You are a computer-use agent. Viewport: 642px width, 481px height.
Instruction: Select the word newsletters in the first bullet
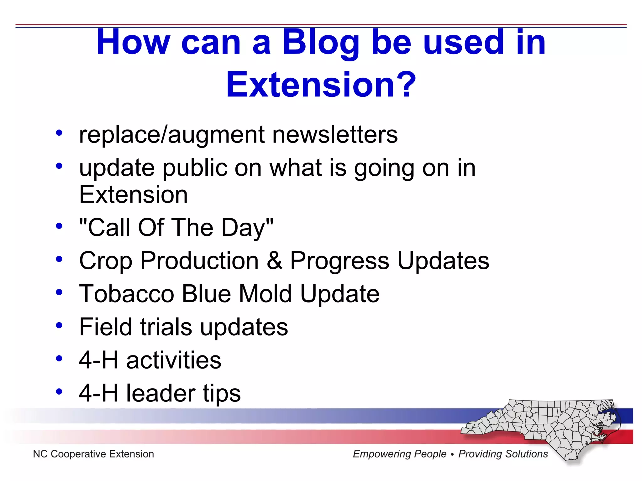coord(335,135)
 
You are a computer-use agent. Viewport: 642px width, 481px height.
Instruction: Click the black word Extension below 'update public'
coord(134,195)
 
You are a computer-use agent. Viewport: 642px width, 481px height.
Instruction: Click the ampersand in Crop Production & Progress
coord(275,261)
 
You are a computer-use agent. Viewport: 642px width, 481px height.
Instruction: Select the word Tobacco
coord(127,294)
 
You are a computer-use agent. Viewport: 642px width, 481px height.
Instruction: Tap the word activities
coord(174,360)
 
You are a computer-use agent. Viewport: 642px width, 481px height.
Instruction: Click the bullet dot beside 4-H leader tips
coord(59,391)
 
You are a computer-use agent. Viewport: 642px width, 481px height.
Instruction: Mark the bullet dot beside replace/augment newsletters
coord(59,133)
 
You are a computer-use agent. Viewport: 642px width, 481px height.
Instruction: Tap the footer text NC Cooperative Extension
coord(93,454)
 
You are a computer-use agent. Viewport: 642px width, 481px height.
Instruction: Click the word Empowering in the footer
coord(399,454)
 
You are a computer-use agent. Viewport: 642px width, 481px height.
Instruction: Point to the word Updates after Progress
coord(443,261)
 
